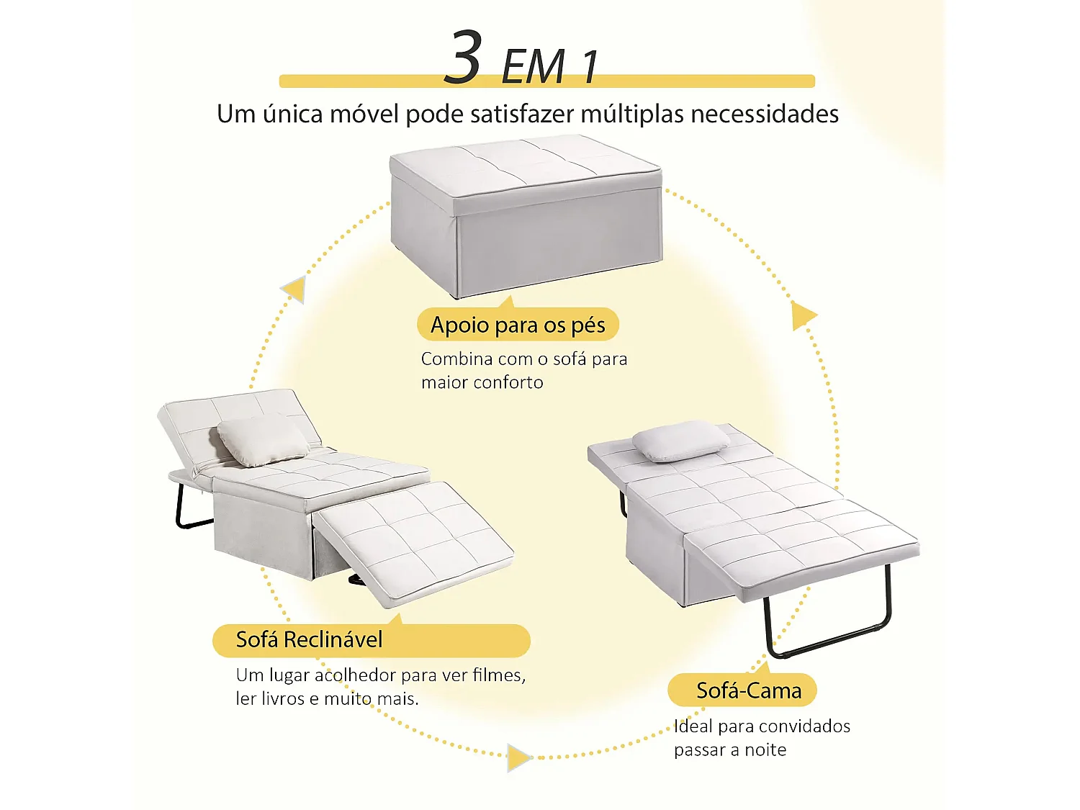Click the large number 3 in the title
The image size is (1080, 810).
(x=463, y=58)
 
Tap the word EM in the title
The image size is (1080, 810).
(x=533, y=67)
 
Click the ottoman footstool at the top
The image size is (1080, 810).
(x=526, y=216)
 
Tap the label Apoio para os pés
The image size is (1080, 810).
(x=518, y=325)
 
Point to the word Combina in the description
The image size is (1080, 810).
(x=456, y=359)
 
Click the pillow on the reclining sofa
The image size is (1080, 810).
(x=263, y=439)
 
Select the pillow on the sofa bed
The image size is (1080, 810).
(x=680, y=441)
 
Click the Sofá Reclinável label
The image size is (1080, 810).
(x=310, y=639)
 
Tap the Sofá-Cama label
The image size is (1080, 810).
(x=748, y=690)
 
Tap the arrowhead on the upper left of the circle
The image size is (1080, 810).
(x=294, y=289)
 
